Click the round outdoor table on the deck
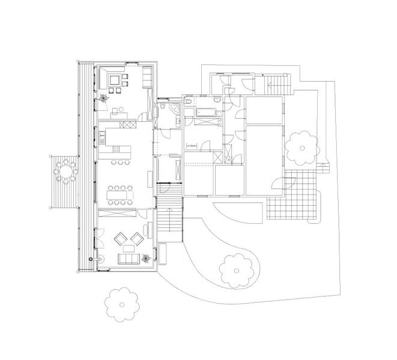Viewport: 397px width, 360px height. tap(64, 172)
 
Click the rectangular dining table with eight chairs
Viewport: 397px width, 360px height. tap(118, 193)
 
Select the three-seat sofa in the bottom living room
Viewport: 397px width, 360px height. tap(129, 259)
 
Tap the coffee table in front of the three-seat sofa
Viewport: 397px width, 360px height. tap(128, 248)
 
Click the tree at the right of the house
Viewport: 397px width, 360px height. tap(302, 148)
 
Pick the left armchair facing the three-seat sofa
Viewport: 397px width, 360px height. tap(120, 238)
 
